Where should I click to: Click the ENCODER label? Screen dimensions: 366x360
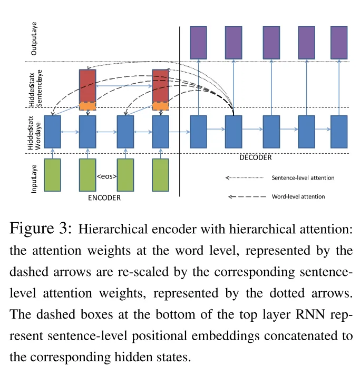pos(104,197)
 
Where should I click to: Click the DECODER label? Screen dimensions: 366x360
pos(256,157)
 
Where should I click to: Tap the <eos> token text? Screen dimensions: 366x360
pos(106,176)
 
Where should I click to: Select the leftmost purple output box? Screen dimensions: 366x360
pos(198,42)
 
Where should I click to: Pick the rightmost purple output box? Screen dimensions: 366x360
pos(339,42)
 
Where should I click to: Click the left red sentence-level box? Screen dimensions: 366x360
pos(87,86)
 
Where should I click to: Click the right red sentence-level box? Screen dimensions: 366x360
pos(160,86)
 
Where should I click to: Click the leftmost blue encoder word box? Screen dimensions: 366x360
pos(52,131)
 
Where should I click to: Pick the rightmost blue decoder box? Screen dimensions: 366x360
pos(339,131)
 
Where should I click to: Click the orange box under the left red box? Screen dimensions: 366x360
pos(87,106)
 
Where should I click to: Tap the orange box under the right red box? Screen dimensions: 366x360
pos(160,106)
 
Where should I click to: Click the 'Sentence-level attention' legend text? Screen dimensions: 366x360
pos(303,178)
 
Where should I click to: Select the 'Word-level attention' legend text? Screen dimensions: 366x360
pos(298,196)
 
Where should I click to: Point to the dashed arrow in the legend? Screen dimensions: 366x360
pos(246,196)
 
